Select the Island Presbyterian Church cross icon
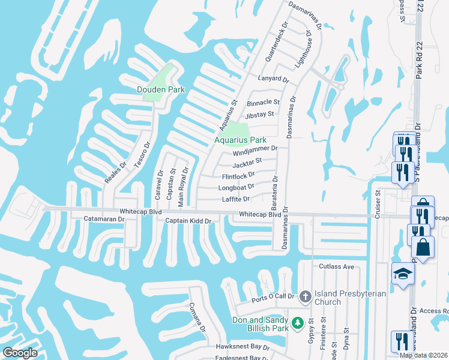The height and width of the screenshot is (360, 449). (x=304, y=296)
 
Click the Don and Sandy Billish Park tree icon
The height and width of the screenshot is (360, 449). (x=297, y=323)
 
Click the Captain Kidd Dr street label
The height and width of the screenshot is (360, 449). (x=189, y=221)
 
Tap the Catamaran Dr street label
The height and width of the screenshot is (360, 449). (x=104, y=219)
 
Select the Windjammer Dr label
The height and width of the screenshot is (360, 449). (x=255, y=148)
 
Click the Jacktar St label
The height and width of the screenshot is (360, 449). (x=247, y=161)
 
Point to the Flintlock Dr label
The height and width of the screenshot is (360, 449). (x=239, y=176)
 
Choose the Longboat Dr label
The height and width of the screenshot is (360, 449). (x=238, y=187)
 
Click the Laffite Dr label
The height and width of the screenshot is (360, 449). (x=235, y=199)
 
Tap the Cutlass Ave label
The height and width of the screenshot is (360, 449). (x=337, y=266)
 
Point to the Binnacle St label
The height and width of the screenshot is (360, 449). (x=263, y=103)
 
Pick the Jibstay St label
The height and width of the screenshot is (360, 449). (x=259, y=114)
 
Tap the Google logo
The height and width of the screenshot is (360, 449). (x=20, y=353)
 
